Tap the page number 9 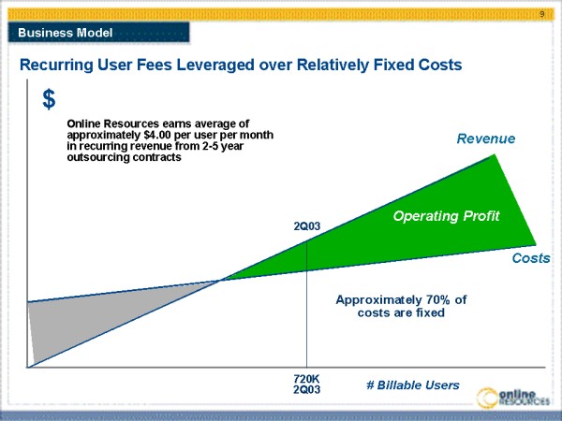tap(542, 14)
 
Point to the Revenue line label tap(486, 139)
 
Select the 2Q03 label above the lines tap(307, 226)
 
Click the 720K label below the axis tap(307, 379)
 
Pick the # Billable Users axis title tap(412, 385)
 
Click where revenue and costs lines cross tap(222, 279)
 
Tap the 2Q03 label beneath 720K tap(307, 390)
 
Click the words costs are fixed tap(401, 313)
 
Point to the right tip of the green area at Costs tap(535, 245)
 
